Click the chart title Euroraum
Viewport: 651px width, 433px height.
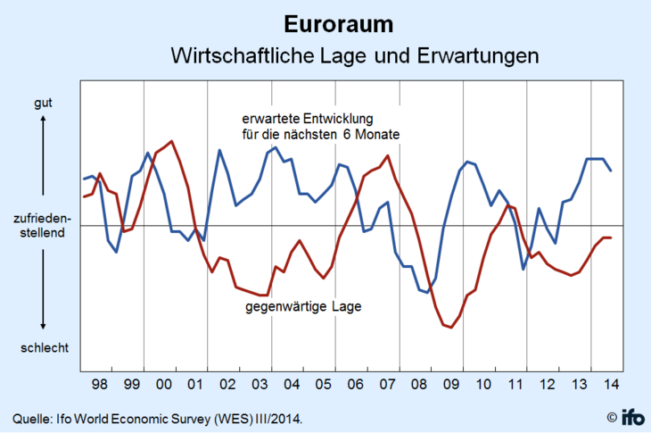325,21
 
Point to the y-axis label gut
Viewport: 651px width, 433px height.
43,103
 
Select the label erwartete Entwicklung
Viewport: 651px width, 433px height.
313,119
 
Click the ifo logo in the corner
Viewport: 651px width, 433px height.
632,416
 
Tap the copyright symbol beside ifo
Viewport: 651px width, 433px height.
612,417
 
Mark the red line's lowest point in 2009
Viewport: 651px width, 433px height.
451,328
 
